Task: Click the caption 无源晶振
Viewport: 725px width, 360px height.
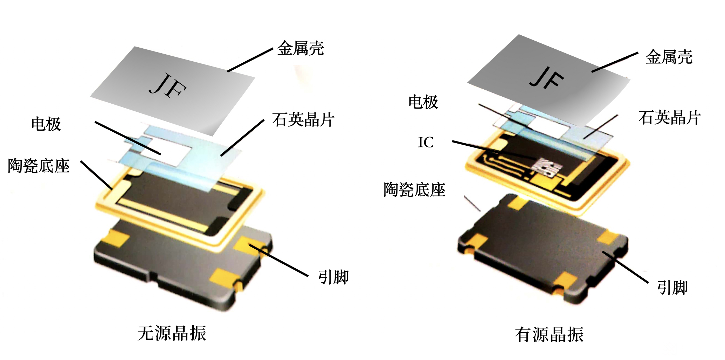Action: (172, 333)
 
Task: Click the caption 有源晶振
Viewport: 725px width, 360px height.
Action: (549, 335)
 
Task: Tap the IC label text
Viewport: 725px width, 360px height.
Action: (426, 142)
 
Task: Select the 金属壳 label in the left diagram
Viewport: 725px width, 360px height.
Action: (301, 48)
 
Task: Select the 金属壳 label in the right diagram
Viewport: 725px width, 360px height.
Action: (669, 57)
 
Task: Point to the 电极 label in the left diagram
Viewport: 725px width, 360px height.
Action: (46, 124)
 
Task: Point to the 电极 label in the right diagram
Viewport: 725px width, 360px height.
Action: (423, 102)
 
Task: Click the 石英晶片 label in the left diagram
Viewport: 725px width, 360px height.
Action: (303, 120)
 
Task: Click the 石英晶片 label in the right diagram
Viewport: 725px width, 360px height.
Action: (670, 118)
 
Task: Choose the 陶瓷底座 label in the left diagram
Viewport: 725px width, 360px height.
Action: (39, 166)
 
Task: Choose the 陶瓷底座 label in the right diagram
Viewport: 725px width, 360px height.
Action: (414, 190)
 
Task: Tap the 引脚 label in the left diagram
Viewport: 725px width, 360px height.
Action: (333, 277)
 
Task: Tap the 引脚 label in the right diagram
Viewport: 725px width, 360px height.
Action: (672, 288)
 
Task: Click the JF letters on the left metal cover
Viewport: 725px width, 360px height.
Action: (167, 85)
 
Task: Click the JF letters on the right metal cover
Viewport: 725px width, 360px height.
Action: (546, 78)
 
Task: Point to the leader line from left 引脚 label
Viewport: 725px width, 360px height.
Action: (278, 260)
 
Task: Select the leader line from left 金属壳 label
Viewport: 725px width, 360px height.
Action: (250, 60)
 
